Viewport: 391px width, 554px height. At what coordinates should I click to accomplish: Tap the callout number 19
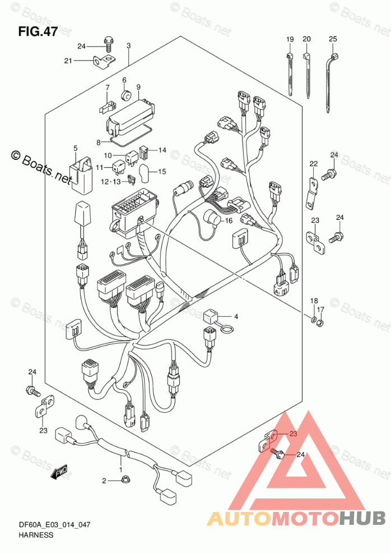click(x=290, y=39)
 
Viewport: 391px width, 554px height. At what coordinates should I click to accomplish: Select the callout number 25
click(x=333, y=39)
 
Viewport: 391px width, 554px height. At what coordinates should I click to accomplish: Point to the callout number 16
click(x=229, y=221)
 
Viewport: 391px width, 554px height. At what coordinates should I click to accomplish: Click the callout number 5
click(x=75, y=148)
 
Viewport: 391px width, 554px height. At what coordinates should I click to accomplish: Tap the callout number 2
click(x=103, y=481)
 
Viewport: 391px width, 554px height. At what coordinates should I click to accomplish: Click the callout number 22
click(x=314, y=163)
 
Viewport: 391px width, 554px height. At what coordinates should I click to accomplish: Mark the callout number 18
click(x=314, y=301)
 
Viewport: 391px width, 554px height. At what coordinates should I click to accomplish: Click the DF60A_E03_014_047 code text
click(x=54, y=524)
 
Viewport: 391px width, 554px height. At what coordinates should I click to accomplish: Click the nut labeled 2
click(x=122, y=480)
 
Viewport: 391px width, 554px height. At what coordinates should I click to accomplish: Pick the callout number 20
click(x=306, y=39)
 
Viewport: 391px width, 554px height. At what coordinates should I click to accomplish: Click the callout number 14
click(x=162, y=150)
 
